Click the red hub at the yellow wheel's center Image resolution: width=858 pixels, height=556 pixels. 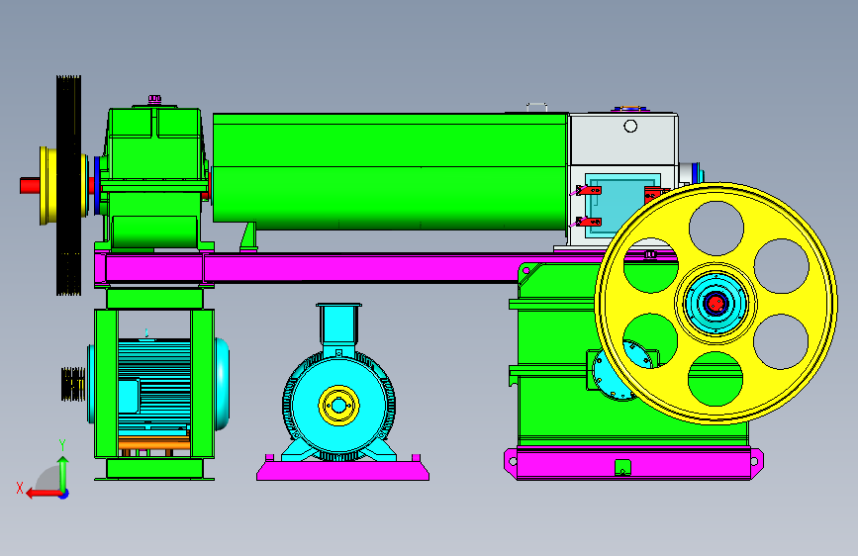715,303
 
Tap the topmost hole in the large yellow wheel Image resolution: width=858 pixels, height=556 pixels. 716,229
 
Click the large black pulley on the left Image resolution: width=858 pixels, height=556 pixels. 68,186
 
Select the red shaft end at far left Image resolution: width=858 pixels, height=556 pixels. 30,186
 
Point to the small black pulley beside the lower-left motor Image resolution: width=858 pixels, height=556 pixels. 73,384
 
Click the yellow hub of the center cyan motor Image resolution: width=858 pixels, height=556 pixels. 338,406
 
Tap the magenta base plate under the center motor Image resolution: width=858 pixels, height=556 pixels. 343,470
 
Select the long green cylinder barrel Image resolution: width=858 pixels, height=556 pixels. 390,171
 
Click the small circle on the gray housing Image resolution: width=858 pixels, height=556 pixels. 630,127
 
